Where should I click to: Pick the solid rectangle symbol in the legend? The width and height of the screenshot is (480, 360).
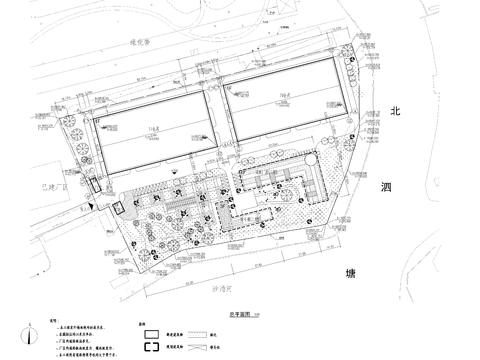point(151,336)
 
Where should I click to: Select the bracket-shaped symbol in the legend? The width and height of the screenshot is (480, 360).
point(151,350)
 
